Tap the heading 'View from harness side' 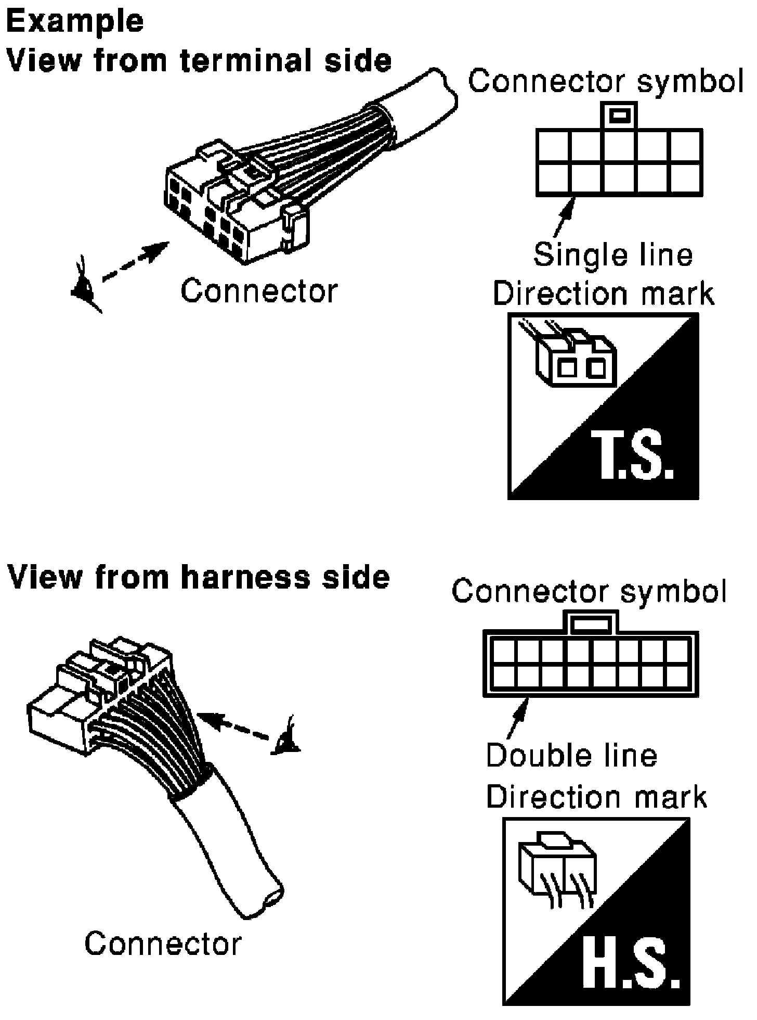click(x=198, y=578)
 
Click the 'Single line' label click(x=614, y=256)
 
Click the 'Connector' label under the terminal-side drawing click(x=259, y=291)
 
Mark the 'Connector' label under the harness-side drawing click(x=163, y=943)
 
